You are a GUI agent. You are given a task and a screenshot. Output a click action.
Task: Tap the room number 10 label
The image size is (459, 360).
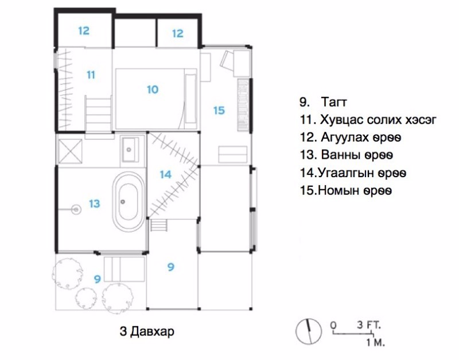[x=153, y=89]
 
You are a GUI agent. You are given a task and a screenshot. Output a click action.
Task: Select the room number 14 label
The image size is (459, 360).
[x=165, y=174]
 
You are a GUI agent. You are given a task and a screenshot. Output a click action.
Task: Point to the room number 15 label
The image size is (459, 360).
[x=219, y=111]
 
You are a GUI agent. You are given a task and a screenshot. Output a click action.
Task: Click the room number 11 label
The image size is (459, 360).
[x=91, y=75]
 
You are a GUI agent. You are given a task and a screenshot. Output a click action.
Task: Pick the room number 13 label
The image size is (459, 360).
[x=95, y=204]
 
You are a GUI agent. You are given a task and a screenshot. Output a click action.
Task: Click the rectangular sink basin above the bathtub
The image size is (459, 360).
[x=131, y=149]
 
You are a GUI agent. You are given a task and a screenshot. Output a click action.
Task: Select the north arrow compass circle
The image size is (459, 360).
[x=309, y=331]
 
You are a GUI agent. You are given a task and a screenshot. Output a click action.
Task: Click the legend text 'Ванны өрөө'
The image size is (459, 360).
[x=357, y=155]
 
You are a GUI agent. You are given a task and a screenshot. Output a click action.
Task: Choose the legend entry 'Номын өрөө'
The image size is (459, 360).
[x=355, y=191]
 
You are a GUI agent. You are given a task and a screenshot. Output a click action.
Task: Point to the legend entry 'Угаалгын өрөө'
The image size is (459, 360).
[x=362, y=173]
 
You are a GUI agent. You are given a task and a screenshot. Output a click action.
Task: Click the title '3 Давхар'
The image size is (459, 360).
[x=147, y=332]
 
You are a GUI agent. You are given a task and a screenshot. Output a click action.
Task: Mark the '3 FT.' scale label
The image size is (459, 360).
[x=369, y=325]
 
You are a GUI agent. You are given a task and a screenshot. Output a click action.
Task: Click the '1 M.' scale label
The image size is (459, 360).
[x=376, y=342]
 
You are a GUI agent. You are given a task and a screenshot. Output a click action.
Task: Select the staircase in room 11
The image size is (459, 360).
[x=98, y=115]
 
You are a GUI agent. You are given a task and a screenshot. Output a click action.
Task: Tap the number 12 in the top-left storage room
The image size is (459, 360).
[x=84, y=31]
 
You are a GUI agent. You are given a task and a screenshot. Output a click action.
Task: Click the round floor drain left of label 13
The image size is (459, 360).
[x=77, y=209]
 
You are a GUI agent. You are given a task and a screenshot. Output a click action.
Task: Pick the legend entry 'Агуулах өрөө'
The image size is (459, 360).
[x=361, y=138]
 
